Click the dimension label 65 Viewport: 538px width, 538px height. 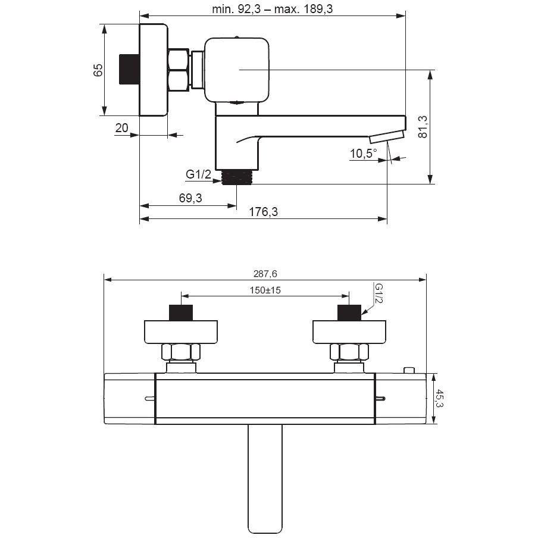98,70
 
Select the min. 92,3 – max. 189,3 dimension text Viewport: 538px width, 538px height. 273,9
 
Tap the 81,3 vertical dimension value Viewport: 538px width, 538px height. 423,127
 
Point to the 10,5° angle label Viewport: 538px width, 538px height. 364,154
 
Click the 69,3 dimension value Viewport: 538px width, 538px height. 190,198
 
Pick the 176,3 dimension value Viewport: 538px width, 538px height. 263,212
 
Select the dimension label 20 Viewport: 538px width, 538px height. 122,128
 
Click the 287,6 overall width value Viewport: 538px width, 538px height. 265,274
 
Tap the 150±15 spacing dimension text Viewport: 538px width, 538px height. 265,290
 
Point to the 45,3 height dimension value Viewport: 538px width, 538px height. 439,398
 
